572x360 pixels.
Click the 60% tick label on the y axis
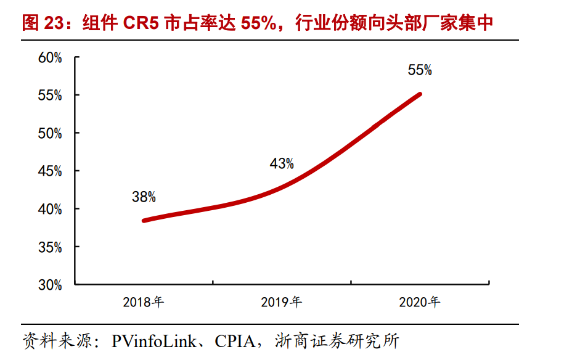(x=50, y=58)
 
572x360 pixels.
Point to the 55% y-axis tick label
(x=50, y=96)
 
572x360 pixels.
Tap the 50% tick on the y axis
(x=50, y=134)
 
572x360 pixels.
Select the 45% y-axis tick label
(x=50, y=171)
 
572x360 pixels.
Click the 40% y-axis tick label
(x=50, y=210)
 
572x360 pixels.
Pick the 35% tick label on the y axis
(x=50, y=247)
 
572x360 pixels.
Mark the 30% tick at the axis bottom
(x=50, y=285)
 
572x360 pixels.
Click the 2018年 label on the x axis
(x=143, y=302)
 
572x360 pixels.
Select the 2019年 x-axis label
(x=281, y=302)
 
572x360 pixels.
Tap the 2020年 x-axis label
(x=419, y=302)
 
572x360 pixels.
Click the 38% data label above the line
(x=144, y=197)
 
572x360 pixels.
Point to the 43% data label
(x=282, y=164)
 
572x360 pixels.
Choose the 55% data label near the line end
(x=420, y=70)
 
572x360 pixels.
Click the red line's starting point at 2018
(x=144, y=220)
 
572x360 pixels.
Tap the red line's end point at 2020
(x=420, y=94)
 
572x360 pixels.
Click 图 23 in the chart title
(x=43, y=23)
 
